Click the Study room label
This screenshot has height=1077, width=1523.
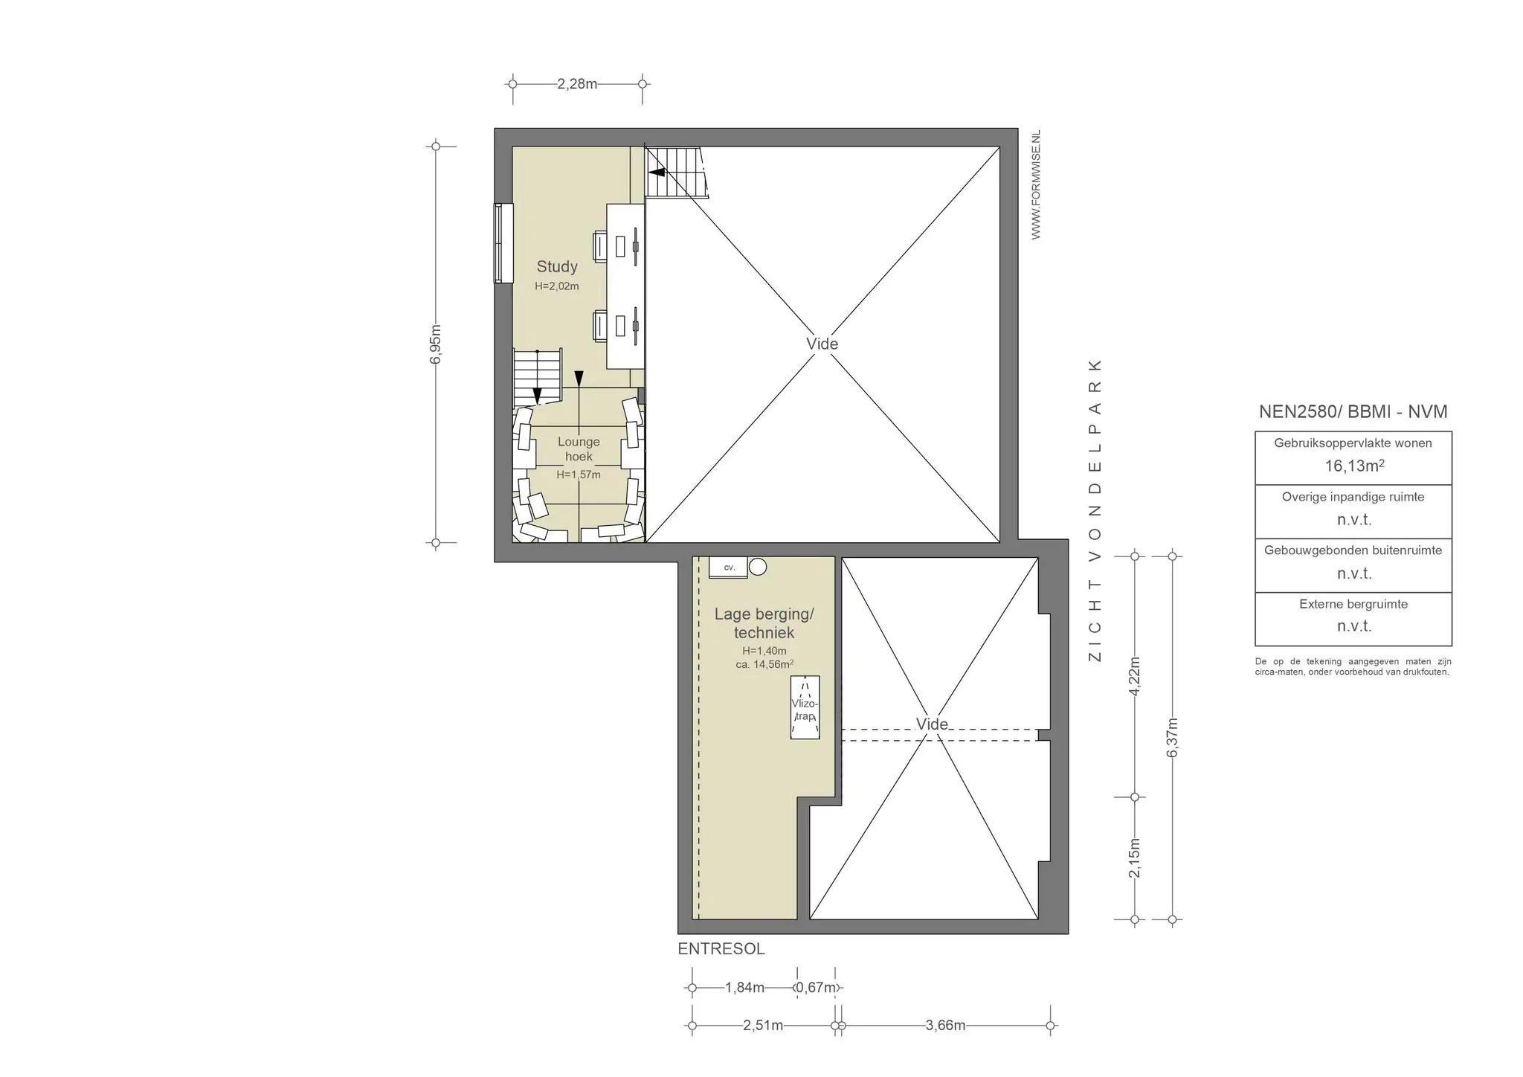(x=557, y=266)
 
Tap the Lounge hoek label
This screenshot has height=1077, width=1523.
(x=579, y=449)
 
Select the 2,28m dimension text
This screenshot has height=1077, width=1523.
(x=577, y=84)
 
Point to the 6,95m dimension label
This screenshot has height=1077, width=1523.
(x=436, y=344)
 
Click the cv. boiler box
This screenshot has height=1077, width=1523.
(x=728, y=567)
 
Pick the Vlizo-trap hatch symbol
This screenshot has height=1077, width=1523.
(x=805, y=707)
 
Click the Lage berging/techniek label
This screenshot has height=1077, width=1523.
(x=764, y=623)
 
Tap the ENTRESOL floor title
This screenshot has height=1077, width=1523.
(x=721, y=949)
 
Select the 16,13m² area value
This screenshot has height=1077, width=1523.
(x=1353, y=466)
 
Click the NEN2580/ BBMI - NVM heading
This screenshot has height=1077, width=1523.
(x=1353, y=411)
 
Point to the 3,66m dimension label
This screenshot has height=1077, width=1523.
(x=945, y=1026)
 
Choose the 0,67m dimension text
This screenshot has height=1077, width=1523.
(x=816, y=988)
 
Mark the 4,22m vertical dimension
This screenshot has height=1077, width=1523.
(x=1134, y=676)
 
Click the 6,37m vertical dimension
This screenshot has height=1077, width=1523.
(x=1172, y=737)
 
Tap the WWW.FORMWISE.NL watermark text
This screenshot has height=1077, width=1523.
(x=1036, y=184)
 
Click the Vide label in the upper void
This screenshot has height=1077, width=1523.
(x=822, y=344)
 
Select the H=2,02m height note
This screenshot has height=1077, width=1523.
(x=557, y=286)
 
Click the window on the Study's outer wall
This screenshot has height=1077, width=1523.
(x=504, y=243)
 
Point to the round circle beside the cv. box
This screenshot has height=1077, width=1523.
(x=758, y=567)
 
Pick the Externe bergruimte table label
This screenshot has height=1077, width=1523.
(x=1353, y=604)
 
